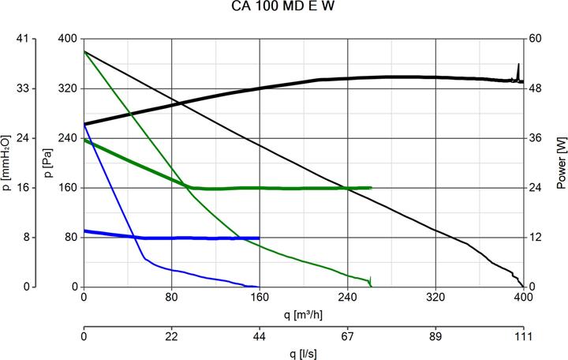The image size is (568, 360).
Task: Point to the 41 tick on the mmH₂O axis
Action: [x=23, y=39]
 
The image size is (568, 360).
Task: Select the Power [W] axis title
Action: [x=561, y=163]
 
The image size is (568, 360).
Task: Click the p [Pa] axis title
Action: [x=48, y=163]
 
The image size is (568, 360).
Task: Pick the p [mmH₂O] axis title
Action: [x=7, y=163]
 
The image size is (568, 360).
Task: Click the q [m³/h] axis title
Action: [x=303, y=314]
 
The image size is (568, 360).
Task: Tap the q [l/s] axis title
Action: [x=303, y=353]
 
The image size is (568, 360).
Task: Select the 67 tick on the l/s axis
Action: [x=347, y=336]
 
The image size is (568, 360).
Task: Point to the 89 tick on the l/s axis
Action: [x=435, y=336]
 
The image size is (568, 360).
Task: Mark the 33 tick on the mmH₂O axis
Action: [x=23, y=88]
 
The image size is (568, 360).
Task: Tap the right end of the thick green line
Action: [x=371, y=188]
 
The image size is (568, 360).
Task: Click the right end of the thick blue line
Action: [x=259, y=238]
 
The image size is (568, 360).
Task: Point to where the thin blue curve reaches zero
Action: [x=257, y=287]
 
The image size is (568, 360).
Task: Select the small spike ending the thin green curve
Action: [x=370, y=279]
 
